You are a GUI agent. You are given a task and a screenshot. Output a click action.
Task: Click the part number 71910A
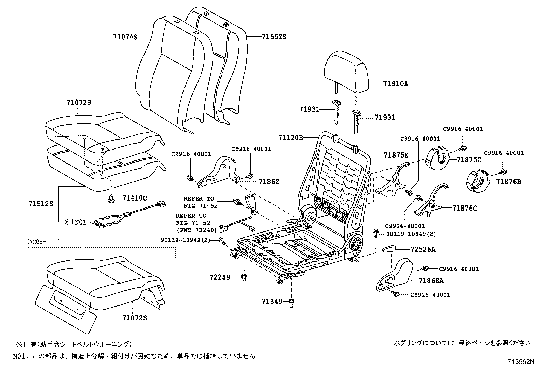[x=396, y=84]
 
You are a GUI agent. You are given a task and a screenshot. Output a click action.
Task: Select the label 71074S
[x=125, y=37]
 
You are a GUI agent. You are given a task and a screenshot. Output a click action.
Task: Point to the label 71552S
[x=274, y=37]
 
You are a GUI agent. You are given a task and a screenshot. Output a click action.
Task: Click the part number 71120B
[x=291, y=137]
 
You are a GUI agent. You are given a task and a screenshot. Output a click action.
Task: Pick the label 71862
[x=269, y=182]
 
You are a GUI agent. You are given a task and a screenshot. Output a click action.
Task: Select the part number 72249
[x=220, y=277]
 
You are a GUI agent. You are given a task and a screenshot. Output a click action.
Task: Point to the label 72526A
[x=423, y=249]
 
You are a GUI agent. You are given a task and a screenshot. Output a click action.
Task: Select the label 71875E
[x=396, y=155]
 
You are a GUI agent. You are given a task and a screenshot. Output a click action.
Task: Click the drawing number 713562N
[x=521, y=362]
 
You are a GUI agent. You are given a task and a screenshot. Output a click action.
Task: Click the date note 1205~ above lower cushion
[x=44, y=241]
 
